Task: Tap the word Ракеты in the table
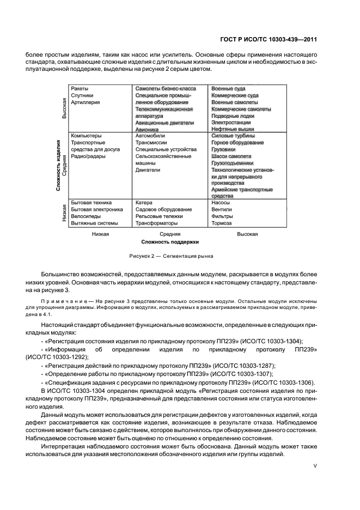80,88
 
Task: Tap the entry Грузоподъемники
232,163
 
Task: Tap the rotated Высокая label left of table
64,108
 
